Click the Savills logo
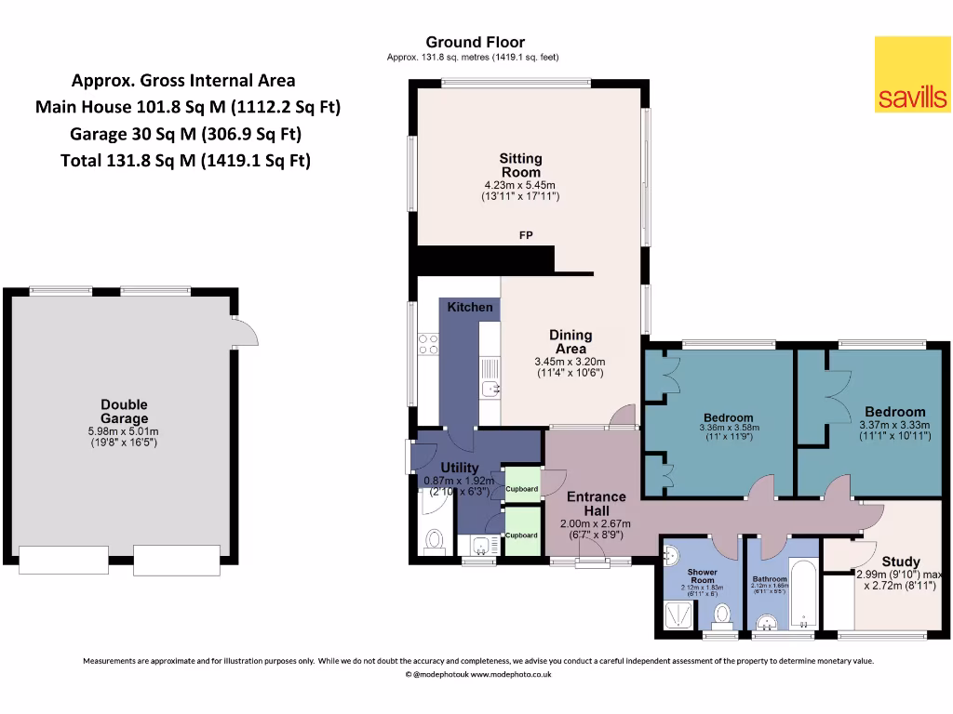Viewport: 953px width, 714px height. click(x=912, y=74)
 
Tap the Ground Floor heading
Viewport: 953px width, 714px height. click(x=475, y=42)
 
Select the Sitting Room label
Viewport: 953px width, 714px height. click(x=520, y=165)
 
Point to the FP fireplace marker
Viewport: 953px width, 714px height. click(x=526, y=236)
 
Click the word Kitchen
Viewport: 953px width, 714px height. click(x=470, y=307)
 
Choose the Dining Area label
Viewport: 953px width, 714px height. click(x=570, y=342)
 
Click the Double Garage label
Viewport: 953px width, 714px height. click(x=125, y=412)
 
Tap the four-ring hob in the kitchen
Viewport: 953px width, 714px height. click(x=429, y=344)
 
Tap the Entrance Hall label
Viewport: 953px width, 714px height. click(x=596, y=504)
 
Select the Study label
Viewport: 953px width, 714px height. click(x=900, y=562)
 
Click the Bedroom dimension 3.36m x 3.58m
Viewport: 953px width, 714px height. click(x=728, y=428)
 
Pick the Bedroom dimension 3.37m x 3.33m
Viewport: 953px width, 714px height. click(x=894, y=426)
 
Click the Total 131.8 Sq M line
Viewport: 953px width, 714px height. click(x=184, y=161)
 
